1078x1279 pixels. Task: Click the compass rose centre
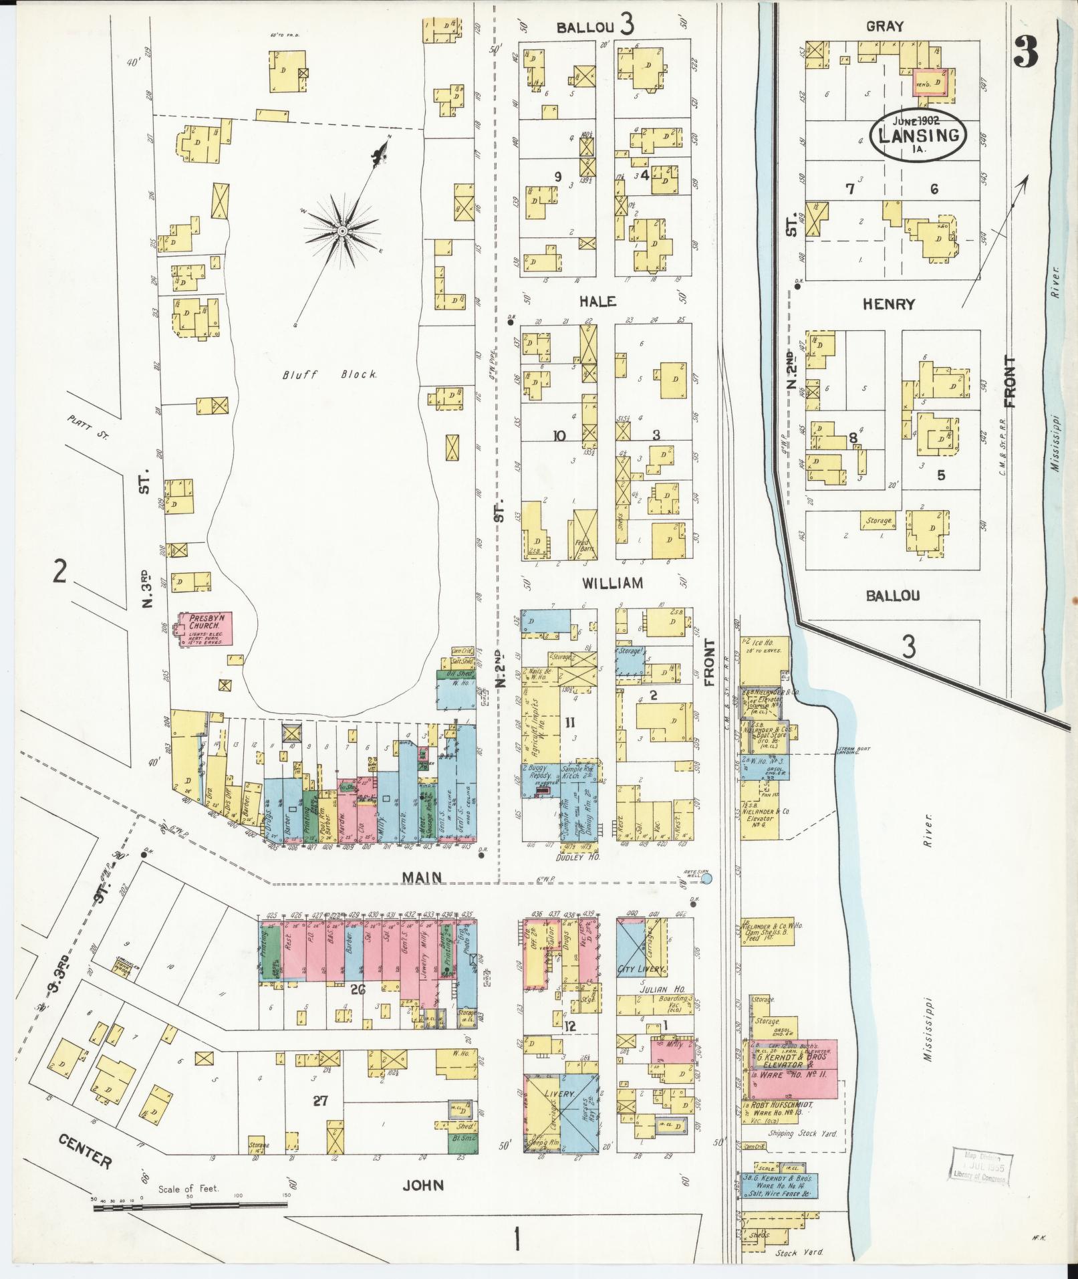tap(342, 231)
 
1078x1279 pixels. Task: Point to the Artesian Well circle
tap(707, 878)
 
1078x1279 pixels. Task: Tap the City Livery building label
tap(641, 969)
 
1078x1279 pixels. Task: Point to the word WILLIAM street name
tap(612, 583)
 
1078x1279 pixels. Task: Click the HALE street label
tap(597, 302)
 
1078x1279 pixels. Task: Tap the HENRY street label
tap(888, 304)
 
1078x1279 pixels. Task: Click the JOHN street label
tap(424, 1185)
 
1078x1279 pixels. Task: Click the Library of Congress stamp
tap(980, 1166)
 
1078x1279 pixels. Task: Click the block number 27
tap(321, 1100)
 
